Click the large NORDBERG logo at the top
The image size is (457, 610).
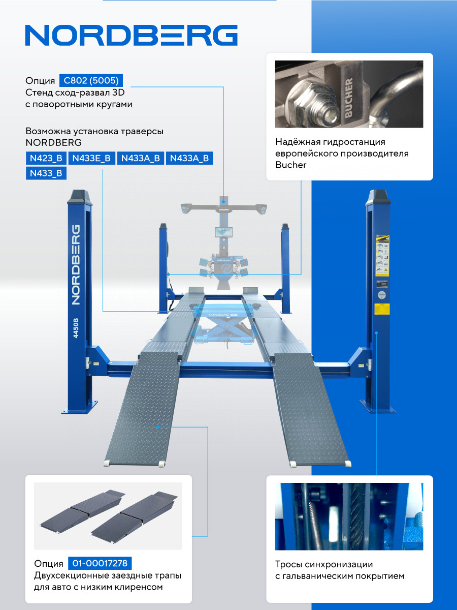(x=131, y=35)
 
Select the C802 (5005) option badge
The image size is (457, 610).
(x=91, y=81)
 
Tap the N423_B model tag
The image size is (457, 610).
(x=46, y=158)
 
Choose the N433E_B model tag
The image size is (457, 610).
(x=91, y=158)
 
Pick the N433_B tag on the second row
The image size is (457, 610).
(x=46, y=173)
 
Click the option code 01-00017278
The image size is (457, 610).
(x=100, y=563)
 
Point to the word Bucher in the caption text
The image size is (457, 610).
(x=291, y=165)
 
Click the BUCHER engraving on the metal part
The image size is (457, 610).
(x=348, y=97)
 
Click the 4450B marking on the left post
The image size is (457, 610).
(x=76, y=328)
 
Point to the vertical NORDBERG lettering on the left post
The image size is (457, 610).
(x=76, y=264)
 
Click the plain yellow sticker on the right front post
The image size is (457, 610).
(x=382, y=309)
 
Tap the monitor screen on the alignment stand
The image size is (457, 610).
(x=223, y=232)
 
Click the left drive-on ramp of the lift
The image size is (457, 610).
(x=142, y=409)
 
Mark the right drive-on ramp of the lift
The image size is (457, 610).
(x=311, y=409)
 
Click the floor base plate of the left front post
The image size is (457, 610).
(x=79, y=407)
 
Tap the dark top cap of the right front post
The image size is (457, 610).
(x=378, y=197)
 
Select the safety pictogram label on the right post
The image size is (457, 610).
(x=382, y=256)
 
